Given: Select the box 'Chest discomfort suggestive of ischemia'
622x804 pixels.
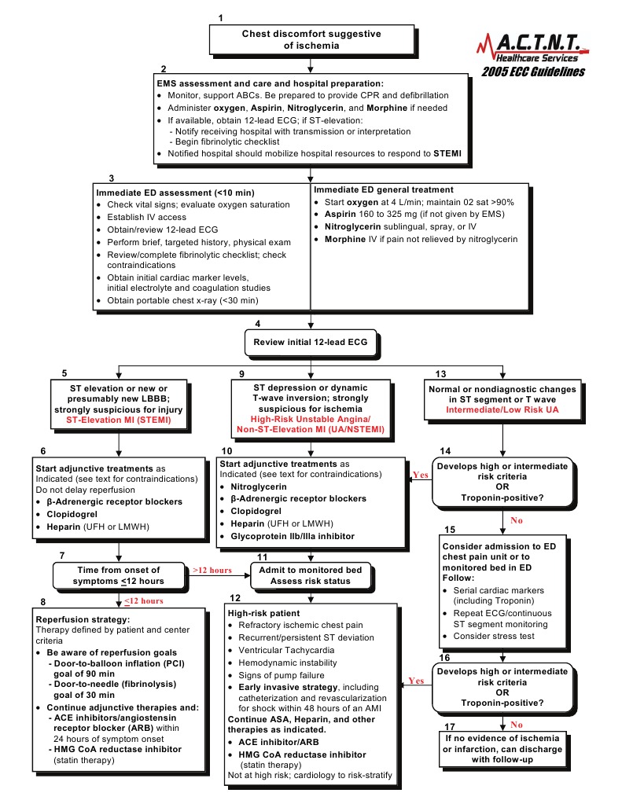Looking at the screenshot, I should (311, 40).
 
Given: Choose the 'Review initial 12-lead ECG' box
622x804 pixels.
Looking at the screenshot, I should (311, 342).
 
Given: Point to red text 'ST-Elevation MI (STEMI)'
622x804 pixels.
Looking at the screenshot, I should (117, 420).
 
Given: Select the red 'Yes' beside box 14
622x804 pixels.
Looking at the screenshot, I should (420, 474).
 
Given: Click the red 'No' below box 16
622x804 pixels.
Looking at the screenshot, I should (516, 724).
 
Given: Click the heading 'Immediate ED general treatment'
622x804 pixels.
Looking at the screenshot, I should (384, 189).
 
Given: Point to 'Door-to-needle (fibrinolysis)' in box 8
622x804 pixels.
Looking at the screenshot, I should (112, 685).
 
